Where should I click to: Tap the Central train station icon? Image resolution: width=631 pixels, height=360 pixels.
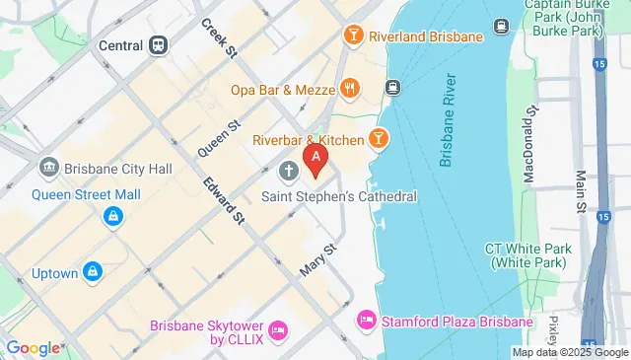(159, 45)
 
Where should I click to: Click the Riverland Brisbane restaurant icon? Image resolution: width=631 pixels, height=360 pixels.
(353, 36)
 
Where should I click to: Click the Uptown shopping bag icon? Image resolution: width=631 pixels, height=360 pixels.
(93, 270)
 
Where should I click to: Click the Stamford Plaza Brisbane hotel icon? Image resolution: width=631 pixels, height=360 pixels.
(365, 321)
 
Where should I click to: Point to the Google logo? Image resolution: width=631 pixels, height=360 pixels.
(33, 347)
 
